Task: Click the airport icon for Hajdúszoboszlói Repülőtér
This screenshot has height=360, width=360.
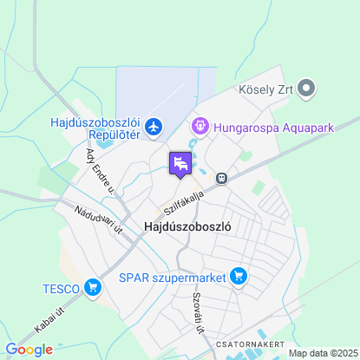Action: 154,128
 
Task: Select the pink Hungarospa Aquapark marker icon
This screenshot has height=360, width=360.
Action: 200,128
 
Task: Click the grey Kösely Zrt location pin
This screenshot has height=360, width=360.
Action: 305,88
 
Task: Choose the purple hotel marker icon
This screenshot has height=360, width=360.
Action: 180,163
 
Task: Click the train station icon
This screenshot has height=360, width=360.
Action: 223,178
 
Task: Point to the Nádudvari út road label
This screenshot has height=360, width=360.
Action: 96,219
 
